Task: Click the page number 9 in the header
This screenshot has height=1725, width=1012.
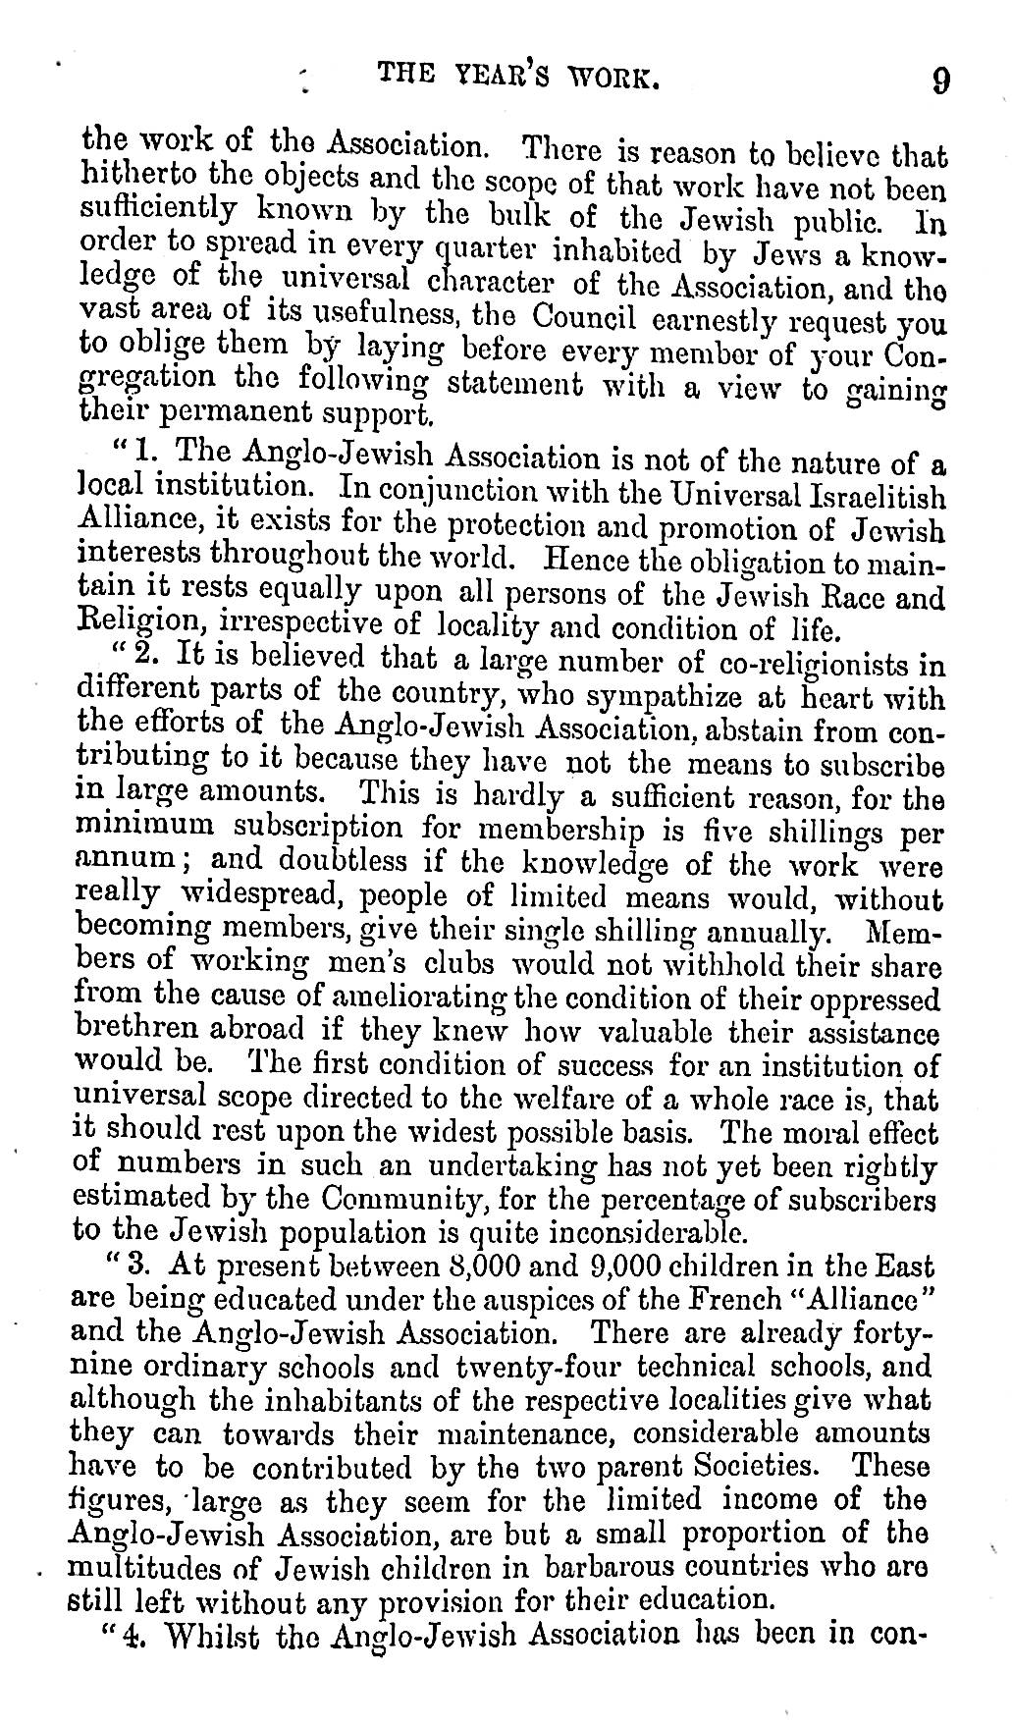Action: click(939, 78)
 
